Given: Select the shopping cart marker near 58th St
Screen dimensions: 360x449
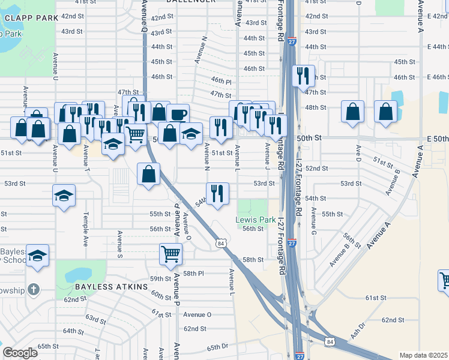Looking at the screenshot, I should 171,254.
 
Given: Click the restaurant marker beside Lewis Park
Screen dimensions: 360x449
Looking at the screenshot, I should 217,193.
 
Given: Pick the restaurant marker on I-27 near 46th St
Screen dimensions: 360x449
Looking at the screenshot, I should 303,76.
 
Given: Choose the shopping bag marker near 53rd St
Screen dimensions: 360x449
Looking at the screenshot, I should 149,175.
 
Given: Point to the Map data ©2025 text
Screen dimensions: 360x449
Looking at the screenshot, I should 423,355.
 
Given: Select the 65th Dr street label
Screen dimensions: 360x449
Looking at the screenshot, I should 218,347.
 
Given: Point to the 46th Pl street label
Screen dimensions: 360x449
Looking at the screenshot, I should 221,80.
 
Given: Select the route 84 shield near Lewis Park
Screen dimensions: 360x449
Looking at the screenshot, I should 221,243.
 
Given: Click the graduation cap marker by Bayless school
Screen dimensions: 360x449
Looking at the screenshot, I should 38,256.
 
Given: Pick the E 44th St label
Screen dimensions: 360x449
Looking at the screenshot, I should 438,47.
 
